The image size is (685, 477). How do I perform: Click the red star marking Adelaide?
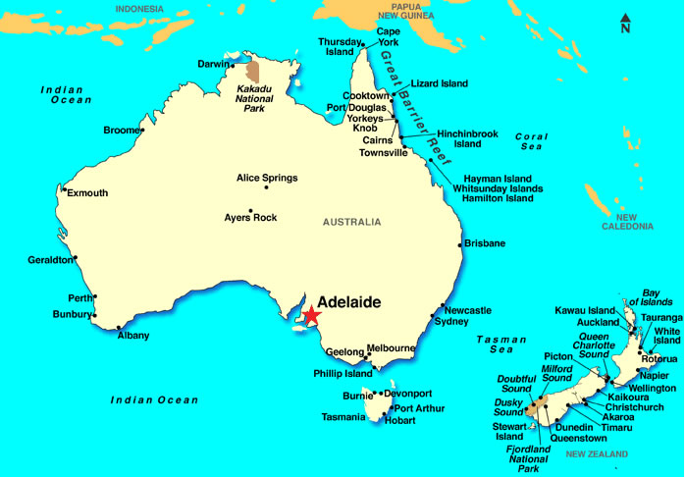coord(311,315)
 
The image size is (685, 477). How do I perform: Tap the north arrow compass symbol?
coord(625,23)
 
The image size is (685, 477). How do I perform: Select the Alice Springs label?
coord(267,178)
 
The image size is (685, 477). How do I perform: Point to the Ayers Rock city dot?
coord(251,209)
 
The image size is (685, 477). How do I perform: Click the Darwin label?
coord(213,64)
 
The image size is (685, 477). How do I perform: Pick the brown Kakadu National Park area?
coord(253,72)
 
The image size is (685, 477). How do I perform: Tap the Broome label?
coord(122,130)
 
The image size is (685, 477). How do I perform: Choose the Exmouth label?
coord(87,193)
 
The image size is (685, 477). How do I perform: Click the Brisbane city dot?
coord(460,244)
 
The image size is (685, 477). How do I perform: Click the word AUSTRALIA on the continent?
coord(351,222)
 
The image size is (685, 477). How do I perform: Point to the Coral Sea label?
coord(530,141)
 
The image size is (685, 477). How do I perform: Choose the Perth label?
coord(79,297)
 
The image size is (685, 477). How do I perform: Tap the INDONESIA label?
coord(139,9)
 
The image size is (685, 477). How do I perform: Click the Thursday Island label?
coord(340,46)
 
